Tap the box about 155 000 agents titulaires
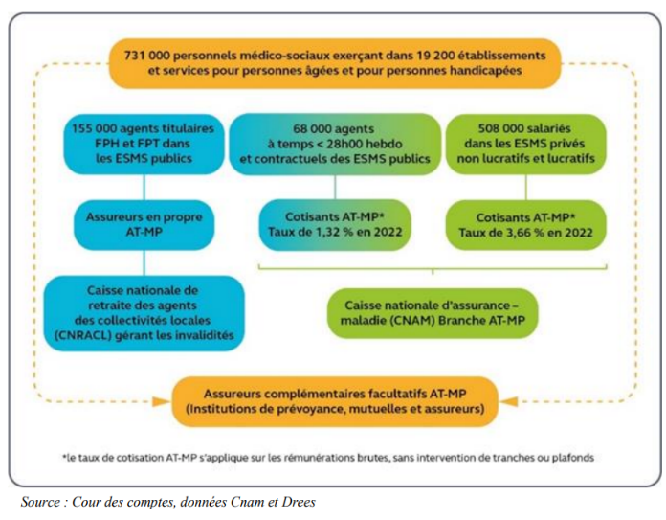click(144, 144)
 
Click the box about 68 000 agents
click(335, 145)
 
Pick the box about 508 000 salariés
click(525, 144)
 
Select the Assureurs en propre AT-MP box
click(144, 224)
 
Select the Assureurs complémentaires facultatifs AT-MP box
click(335, 401)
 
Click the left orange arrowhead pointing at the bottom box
click(162, 401)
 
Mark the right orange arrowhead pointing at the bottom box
click(508, 401)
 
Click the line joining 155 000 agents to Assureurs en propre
click(144, 187)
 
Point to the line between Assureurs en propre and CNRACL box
click(144, 262)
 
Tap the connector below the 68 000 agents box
click(335, 188)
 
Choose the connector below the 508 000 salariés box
click(526, 187)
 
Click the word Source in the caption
click(40, 502)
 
